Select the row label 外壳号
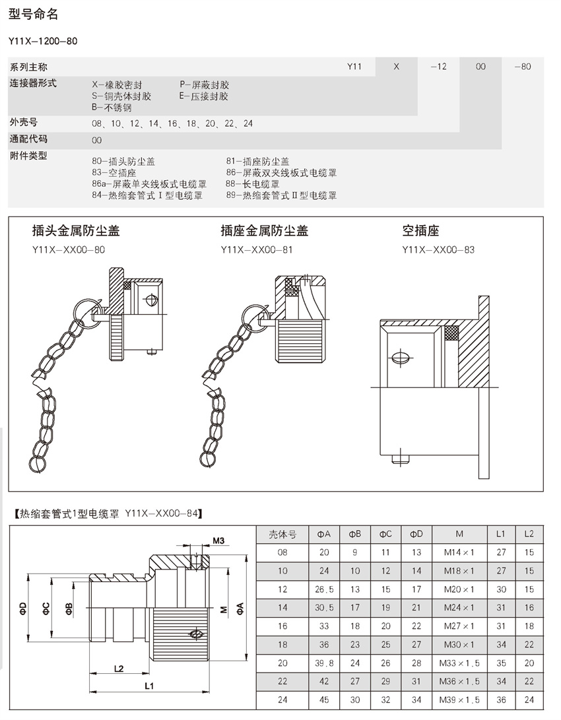[24, 123]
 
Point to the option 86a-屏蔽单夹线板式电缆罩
[149, 184]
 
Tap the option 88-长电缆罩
[252, 184]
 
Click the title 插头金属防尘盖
[76, 231]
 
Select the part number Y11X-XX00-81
[257, 249]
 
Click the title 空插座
[421, 231]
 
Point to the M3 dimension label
[219, 541]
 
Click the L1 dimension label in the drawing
[149, 686]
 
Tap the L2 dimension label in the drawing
[119, 669]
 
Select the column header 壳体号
[282, 534]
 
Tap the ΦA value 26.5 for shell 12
[324, 589]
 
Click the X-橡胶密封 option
[117, 85]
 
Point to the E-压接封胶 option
[204, 96]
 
